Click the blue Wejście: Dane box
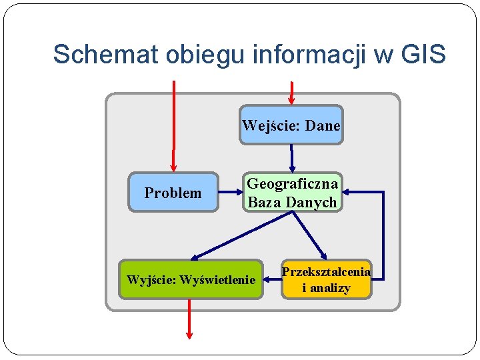(x=291, y=125)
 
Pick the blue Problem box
(x=173, y=193)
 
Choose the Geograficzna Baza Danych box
(x=292, y=193)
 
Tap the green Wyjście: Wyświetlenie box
(x=191, y=279)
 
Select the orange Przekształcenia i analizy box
(x=326, y=279)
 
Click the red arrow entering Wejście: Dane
(x=291, y=92)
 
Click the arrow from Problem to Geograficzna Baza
(x=229, y=193)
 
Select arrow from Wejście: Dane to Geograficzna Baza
(x=291, y=158)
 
